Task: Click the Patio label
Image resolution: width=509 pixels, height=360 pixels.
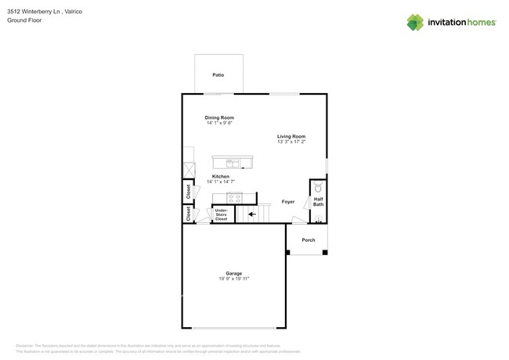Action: click(218, 75)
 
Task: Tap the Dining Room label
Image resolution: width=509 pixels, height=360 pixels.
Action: click(219, 117)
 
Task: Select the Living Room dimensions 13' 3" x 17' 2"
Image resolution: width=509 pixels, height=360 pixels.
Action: click(291, 142)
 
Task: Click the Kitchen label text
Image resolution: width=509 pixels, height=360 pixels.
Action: click(220, 176)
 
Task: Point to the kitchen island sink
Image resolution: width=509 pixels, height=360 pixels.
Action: click(233, 163)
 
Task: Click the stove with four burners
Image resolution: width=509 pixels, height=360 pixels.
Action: click(234, 198)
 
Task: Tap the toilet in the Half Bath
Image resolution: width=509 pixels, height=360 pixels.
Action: click(318, 189)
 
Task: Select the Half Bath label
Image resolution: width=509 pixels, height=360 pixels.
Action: click(318, 202)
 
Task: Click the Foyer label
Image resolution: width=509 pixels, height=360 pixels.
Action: click(288, 202)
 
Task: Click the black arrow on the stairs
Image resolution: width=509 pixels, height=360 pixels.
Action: click(251, 214)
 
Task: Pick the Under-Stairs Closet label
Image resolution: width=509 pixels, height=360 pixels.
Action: click(222, 214)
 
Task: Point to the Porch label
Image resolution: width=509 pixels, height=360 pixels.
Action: click(309, 240)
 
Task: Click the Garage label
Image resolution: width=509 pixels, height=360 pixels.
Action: click(233, 273)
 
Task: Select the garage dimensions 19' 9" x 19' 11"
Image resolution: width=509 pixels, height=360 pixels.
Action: click(233, 279)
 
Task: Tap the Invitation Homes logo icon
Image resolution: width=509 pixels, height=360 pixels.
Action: click(415, 22)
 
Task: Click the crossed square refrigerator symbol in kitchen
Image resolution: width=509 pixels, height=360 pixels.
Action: click(189, 170)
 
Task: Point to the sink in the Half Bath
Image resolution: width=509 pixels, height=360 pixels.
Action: click(318, 218)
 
